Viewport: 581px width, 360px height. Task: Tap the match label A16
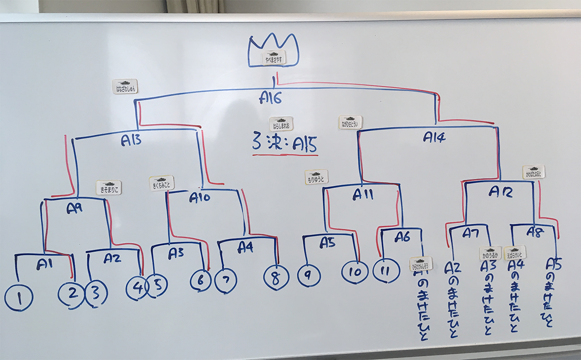271,97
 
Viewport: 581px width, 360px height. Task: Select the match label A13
131,141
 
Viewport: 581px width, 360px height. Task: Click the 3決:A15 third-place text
284,144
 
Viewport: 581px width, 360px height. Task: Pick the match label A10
200,198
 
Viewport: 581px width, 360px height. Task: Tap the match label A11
363,195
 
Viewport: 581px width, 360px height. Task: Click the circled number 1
19,298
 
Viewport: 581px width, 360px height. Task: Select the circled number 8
276,278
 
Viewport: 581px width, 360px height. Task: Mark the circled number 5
157,285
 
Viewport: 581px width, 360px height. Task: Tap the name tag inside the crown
274,58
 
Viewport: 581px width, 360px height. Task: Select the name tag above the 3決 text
281,123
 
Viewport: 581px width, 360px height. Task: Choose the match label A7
471,233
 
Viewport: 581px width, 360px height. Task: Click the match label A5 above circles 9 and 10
327,243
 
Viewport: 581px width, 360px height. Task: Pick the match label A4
246,247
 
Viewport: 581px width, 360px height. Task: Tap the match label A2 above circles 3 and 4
112,258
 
